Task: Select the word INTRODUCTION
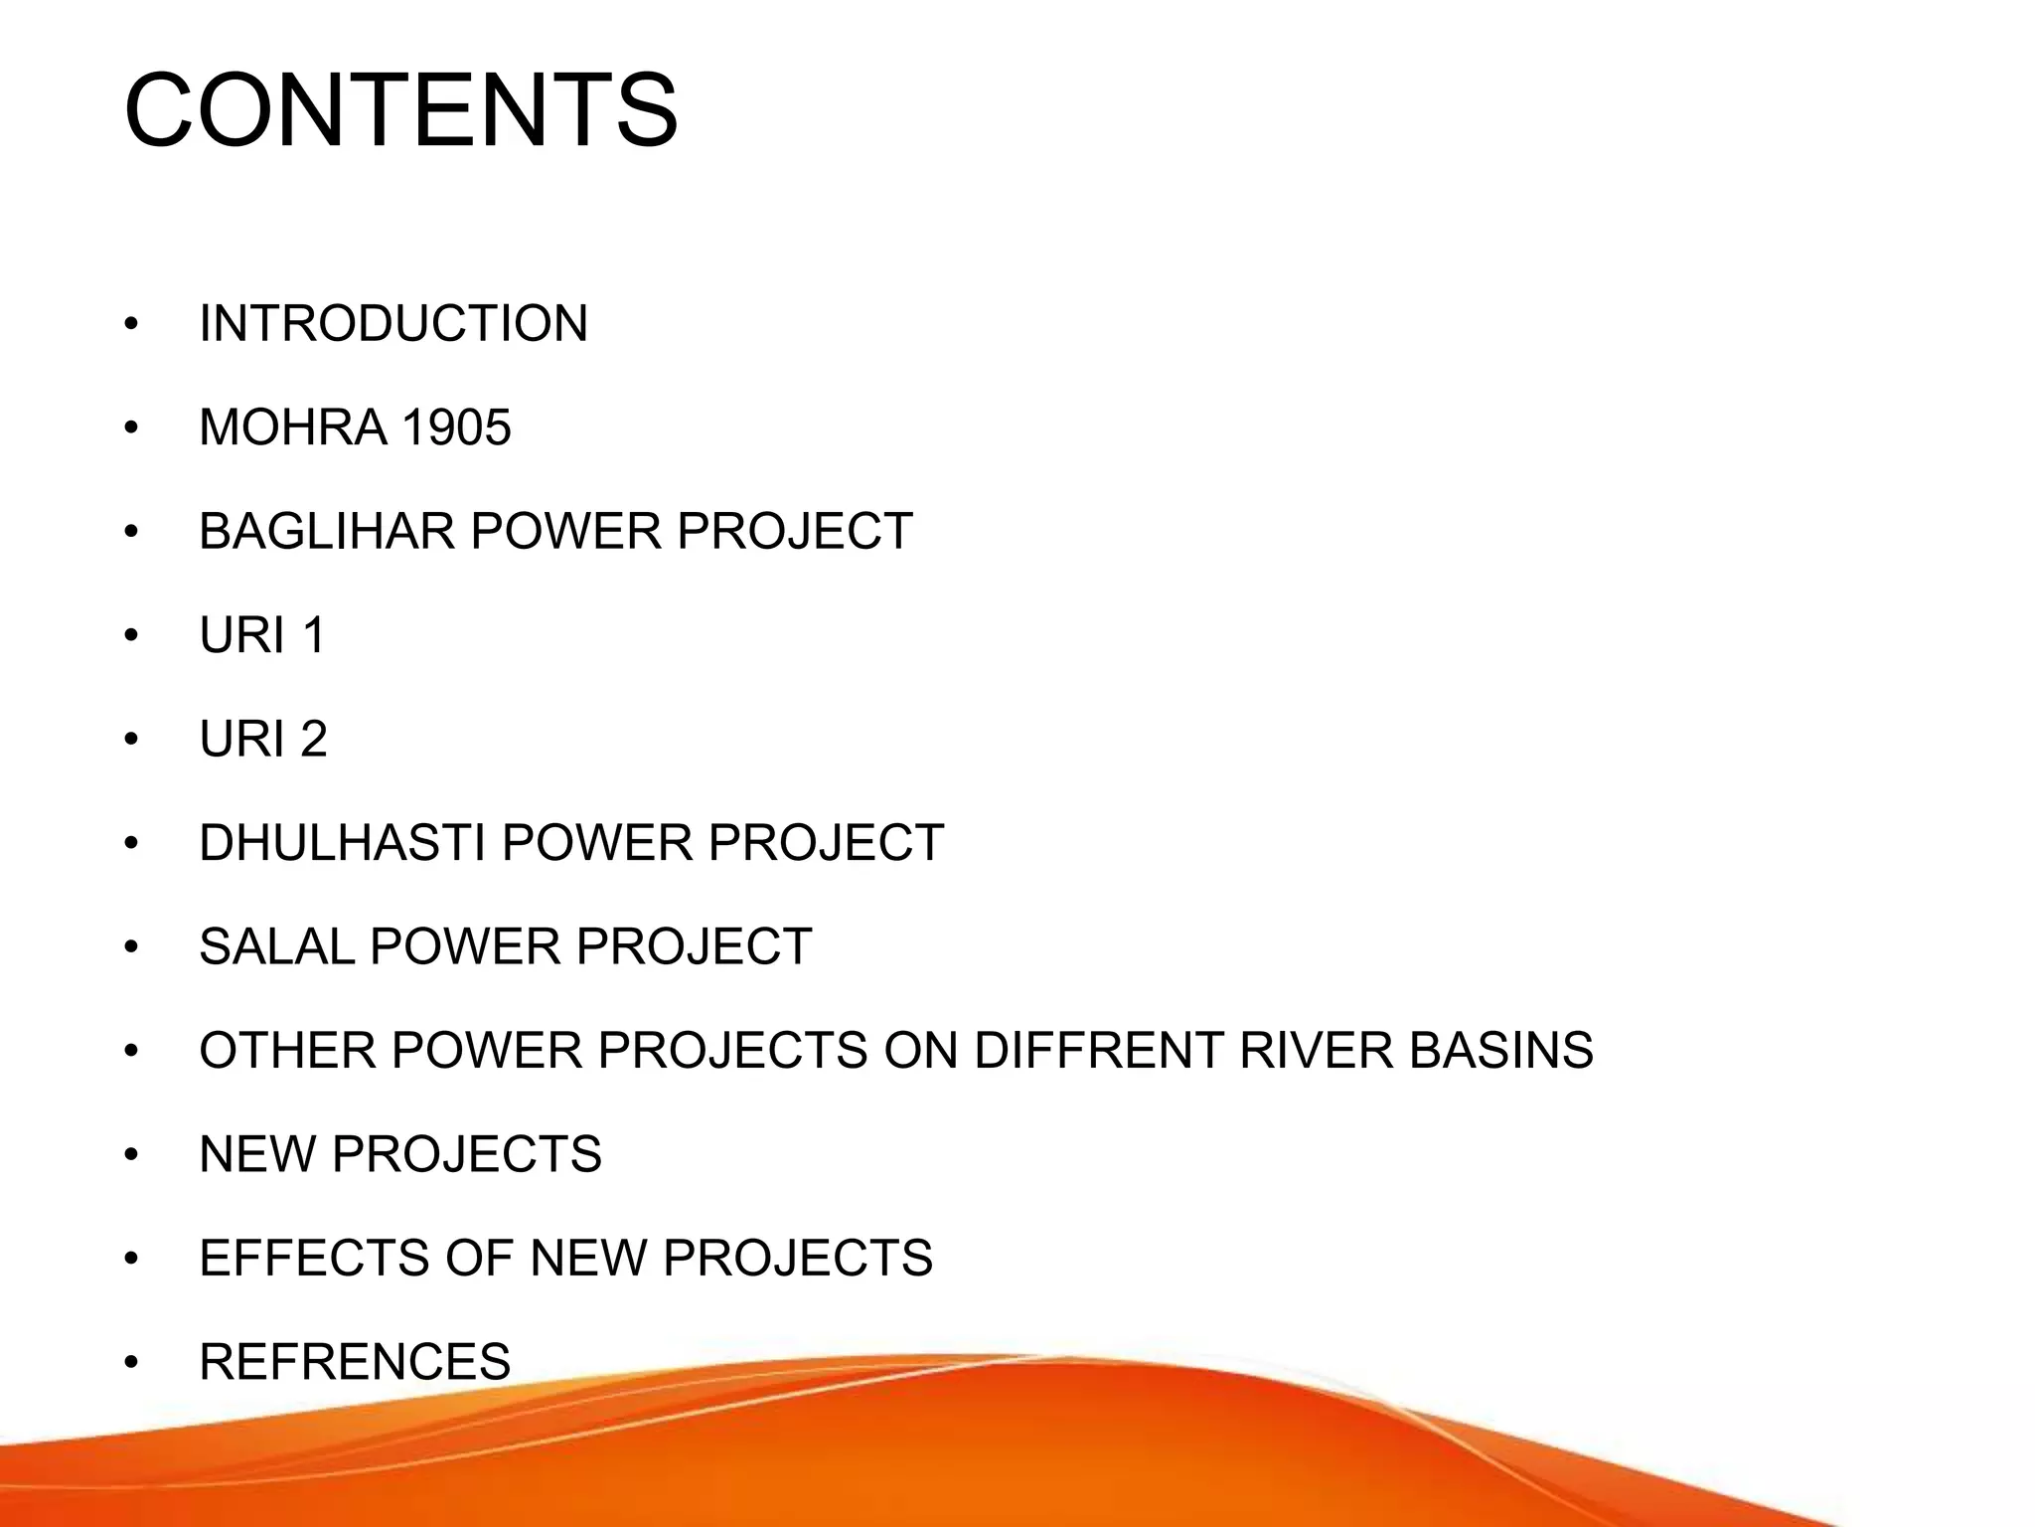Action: point(393,324)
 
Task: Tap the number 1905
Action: point(456,427)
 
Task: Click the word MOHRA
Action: point(293,427)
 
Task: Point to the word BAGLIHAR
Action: point(327,532)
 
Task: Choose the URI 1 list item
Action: point(262,635)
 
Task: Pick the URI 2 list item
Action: point(263,740)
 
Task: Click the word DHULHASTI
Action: point(342,843)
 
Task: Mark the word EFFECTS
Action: point(313,1259)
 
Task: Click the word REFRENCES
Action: point(355,1362)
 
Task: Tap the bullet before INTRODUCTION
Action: point(131,325)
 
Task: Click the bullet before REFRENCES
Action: point(131,1363)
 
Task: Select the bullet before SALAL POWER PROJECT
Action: point(131,947)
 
